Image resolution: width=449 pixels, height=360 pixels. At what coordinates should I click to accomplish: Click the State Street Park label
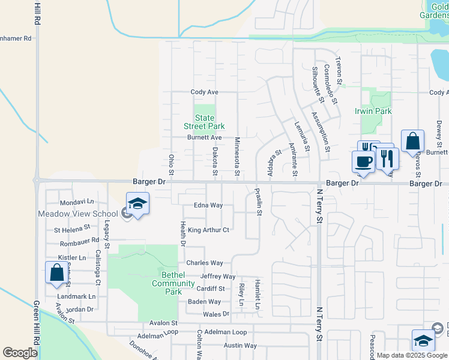(x=204, y=122)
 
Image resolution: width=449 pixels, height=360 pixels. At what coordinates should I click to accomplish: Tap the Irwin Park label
(x=373, y=111)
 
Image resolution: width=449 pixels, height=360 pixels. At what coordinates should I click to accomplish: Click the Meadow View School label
(x=78, y=214)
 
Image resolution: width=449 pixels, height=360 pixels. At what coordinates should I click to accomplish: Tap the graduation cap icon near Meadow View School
(x=137, y=204)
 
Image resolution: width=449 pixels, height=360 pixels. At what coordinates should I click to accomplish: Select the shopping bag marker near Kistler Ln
(x=56, y=272)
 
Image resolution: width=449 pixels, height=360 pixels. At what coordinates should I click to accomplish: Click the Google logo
(x=20, y=353)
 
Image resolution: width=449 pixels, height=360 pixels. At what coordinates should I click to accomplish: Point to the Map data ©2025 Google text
(x=411, y=355)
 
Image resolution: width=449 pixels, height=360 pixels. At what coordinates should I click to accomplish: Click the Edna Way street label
(x=208, y=205)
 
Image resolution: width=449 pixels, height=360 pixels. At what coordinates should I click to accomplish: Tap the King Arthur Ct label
(x=208, y=230)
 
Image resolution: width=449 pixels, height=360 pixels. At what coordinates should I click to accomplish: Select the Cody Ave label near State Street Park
(x=204, y=92)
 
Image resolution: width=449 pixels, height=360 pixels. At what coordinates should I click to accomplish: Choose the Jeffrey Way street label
(x=217, y=277)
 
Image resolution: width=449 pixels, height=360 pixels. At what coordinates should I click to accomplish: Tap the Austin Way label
(x=240, y=346)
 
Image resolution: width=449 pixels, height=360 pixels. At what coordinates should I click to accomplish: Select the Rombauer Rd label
(x=79, y=244)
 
